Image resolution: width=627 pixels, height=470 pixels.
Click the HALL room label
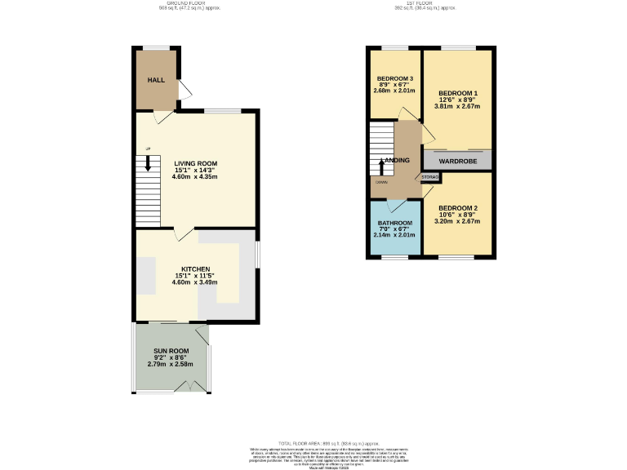pyautogui.click(x=156, y=81)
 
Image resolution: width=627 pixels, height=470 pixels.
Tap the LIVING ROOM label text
pyautogui.click(x=195, y=162)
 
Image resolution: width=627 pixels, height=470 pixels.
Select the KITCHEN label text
pyautogui.click(x=195, y=268)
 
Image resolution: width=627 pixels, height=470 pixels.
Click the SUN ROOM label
pyautogui.click(x=171, y=349)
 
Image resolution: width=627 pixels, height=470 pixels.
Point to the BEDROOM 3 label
pyautogui.click(x=395, y=78)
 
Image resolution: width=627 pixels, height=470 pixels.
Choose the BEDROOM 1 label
pyautogui.click(x=457, y=92)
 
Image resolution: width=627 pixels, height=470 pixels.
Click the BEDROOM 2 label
pyautogui.click(x=457, y=207)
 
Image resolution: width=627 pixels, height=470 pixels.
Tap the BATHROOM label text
pyautogui.click(x=395, y=223)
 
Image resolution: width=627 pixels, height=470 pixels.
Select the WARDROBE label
pyautogui.click(x=457, y=162)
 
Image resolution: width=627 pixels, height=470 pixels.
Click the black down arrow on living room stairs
pyautogui.click(x=148, y=163)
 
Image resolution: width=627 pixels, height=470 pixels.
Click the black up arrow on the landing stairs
pyautogui.click(x=380, y=166)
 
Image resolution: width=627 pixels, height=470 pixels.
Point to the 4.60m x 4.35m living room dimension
pyautogui.click(x=195, y=176)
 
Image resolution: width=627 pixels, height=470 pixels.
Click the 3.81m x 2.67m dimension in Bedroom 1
pyautogui.click(x=457, y=106)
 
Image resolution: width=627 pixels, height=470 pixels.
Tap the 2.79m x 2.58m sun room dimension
pyautogui.click(x=171, y=363)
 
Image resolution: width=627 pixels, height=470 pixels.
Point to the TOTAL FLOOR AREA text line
pyautogui.click(x=313, y=440)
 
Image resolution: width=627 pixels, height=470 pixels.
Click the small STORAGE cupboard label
pyautogui.click(x=430, y=177)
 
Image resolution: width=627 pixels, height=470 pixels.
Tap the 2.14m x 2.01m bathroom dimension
pyautogui.click(x=395, y=236)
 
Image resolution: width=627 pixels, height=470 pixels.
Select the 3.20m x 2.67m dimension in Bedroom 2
pyautogui.click(x=457, y=221)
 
